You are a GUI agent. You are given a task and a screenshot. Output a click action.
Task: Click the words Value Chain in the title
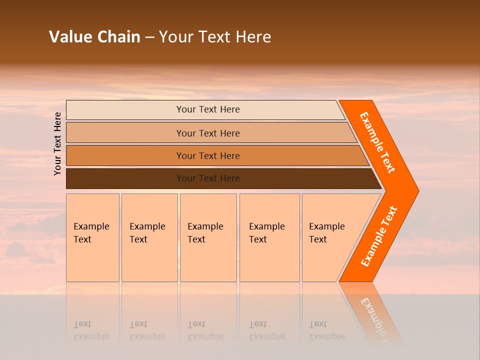click(94, 36)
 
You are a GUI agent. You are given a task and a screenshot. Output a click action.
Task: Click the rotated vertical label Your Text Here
click(57, 143)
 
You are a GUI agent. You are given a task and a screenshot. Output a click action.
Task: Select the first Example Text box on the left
click(92, 237)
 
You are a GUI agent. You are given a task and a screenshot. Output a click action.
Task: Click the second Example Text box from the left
click(149, 237)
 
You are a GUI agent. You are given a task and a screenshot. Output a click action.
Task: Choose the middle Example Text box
click(208, 237)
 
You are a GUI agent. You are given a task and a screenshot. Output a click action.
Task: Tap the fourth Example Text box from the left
click(269, 237)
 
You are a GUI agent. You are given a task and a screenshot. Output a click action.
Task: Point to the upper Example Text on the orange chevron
click(377, 142)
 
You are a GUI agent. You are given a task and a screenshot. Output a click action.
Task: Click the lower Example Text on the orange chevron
click(379, 236)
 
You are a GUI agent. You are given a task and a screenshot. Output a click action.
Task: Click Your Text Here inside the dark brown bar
click(208, 178)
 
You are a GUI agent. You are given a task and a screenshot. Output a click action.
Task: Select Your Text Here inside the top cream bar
click(208, 109)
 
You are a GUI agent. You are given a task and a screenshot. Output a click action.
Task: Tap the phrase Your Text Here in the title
click(215, 36)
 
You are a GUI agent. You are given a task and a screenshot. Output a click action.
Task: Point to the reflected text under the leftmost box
click(91, 330)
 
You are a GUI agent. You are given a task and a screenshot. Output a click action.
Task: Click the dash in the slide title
click(149, 37)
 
